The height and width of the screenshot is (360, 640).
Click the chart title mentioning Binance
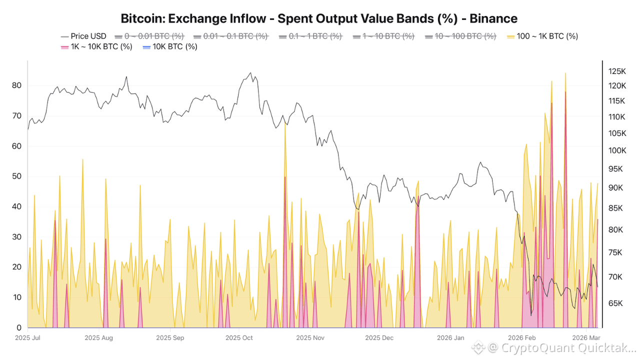[319, 18]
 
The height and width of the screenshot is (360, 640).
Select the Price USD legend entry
[83, 36]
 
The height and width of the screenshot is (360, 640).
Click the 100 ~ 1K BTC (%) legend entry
[542, 36]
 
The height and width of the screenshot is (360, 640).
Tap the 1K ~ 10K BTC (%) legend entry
[96, 46]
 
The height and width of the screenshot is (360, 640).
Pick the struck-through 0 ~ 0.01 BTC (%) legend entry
[149, 36]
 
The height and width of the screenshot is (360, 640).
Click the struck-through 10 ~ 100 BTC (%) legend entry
[460, 36]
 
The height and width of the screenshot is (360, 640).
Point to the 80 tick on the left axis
[17, 85]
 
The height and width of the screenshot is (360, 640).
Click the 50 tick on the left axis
[17, 176]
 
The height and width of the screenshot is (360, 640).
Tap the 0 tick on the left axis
[19, 327]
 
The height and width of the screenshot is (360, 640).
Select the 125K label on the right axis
[617, 71]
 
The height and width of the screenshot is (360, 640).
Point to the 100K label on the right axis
[617, 150]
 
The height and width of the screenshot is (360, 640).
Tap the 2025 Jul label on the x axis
[27, 338]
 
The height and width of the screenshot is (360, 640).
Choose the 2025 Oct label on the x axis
[239, 338]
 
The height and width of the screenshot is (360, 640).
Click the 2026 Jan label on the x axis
[450, 338]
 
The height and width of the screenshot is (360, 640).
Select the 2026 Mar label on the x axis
[586, 338]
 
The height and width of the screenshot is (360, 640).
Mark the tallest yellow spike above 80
[565, 73]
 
